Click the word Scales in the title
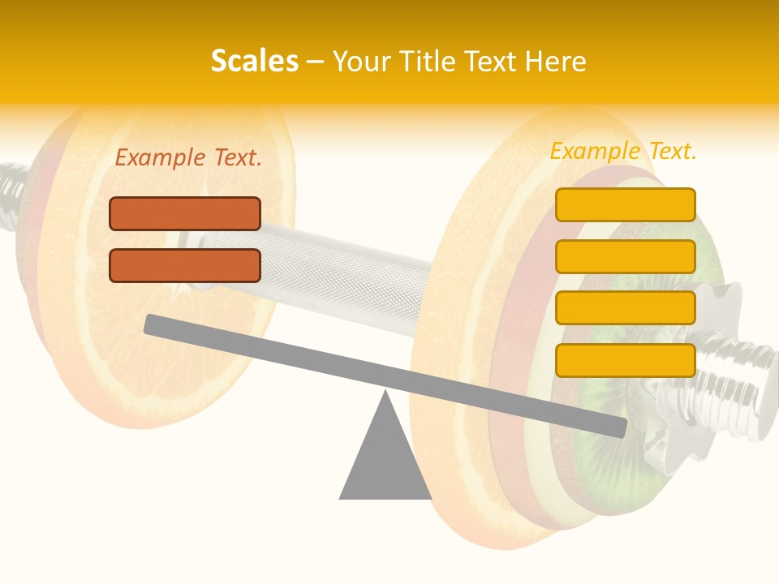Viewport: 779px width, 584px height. (x=254, y=62)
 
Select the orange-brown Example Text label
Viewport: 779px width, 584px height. (x=188, y=158)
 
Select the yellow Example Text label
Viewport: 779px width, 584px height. (x=623, y=151)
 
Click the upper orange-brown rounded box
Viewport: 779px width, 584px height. (x=185, y=214)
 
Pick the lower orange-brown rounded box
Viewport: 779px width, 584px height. (x=185, y=265)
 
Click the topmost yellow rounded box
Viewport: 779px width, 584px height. (x=625, y=204)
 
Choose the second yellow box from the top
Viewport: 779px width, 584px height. (x=625, y=256)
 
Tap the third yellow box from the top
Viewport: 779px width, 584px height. (x=625, y=308)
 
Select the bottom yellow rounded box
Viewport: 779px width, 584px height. (x=625, y=360)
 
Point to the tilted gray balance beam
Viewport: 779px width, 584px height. (x=385, y=374)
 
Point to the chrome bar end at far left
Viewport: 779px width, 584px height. (x=12, y=195)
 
